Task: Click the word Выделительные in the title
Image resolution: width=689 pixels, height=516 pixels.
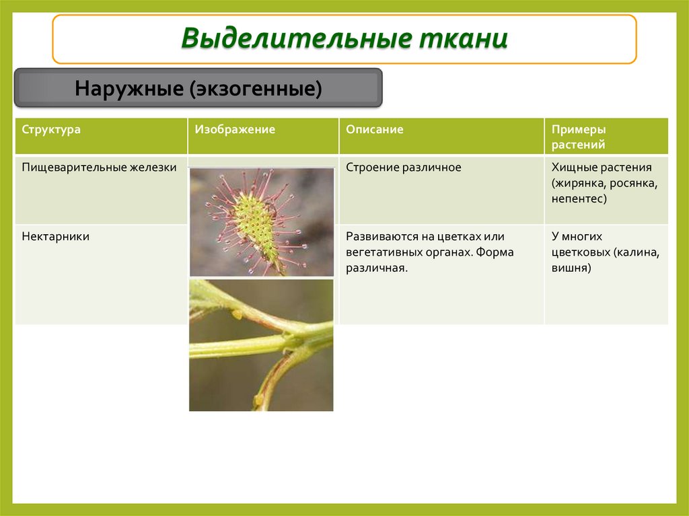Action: pos(296,38)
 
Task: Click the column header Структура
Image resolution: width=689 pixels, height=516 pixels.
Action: pos(51,130)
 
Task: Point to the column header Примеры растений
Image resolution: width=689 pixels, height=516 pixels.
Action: pos(579,137)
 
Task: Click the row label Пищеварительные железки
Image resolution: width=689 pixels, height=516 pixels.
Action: pos(99,168)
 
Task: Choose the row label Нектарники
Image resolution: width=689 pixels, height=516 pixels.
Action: pos(56,237)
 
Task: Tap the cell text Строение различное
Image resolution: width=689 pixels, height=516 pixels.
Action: pos(404,168)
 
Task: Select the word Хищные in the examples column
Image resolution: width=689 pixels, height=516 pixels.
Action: pos(572,168)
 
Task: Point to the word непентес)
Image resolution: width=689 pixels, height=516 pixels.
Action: pos(579,198)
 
